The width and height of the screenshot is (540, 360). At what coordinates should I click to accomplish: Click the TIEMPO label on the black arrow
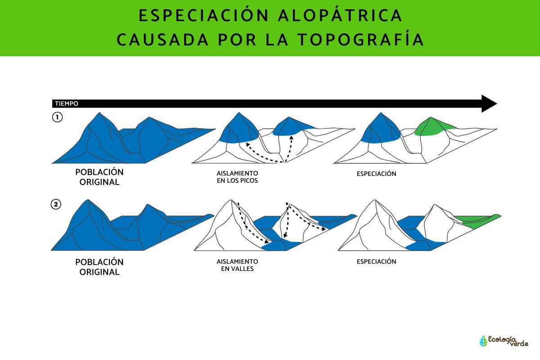pyautogui.click(x=66, y=104)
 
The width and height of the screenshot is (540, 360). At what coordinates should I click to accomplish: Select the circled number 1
pyautogui.click(x=57, y=118)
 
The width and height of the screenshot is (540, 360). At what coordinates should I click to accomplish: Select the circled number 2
pyautogui.click(x=56, y=205)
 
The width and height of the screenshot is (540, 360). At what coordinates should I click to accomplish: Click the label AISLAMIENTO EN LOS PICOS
pyautogui.click(x=237, y=177)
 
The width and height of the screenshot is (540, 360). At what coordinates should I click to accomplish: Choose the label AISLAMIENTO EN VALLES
pyautogui.click(x=237, y=265)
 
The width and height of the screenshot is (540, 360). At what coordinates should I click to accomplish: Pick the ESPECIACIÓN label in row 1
pyautogui.click(x=376, y=174)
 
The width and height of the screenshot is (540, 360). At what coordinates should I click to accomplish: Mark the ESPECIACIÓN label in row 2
pyautogui.click(x=376, y=261)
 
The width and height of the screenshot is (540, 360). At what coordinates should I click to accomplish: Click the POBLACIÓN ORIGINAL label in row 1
pyautogui.click(x=99, y=177)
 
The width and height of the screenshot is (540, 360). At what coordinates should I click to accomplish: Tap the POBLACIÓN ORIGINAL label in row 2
pyautogui.click(x=99, y=267)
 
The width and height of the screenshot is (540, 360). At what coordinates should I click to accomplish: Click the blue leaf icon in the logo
pyautogui.click(x=484, y=341)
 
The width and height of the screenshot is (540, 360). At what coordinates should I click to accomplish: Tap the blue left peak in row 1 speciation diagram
pyautogui.click(x=380, y=128)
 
